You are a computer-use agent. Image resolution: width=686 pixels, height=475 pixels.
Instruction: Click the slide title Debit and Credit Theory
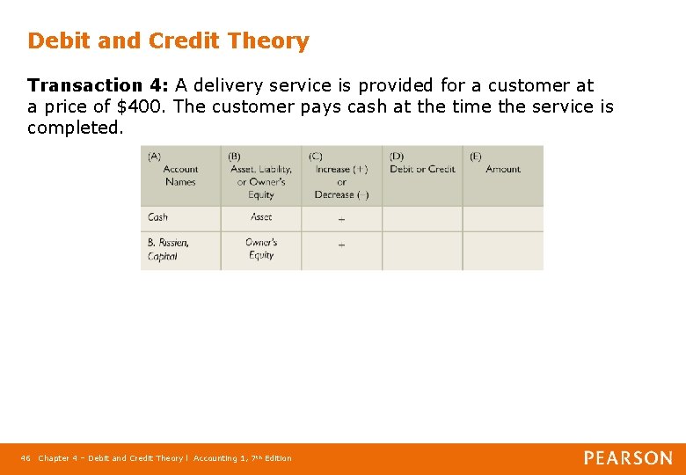point(168,41)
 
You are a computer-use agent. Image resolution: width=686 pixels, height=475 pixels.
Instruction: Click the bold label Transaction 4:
point(99,85)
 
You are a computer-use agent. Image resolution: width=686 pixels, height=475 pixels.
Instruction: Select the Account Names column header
point(180,175)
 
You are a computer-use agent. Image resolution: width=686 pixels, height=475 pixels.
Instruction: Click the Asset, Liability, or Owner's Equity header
point(260,176)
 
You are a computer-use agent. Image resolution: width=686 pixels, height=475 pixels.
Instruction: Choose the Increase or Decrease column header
point(341,176)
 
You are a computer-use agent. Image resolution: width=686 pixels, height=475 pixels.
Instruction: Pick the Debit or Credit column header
point(422,169)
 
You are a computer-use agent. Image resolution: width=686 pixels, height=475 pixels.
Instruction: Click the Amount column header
point(503,169)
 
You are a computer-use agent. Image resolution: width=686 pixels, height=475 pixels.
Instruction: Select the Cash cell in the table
point(158,217)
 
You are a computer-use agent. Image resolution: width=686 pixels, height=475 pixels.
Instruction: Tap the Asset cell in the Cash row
point(261,217)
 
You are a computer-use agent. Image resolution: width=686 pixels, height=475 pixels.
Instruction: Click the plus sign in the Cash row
point(341,219)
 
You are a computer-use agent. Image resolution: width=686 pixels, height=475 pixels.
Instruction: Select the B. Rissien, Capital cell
point(168,249)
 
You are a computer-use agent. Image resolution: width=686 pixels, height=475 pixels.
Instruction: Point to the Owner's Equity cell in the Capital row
point(261,249)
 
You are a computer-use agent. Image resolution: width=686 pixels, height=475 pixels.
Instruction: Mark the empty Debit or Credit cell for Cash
point(422,218)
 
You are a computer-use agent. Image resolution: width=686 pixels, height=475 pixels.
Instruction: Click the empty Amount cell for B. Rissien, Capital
point(503,250)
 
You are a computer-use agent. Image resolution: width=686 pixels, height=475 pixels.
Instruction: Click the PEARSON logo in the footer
point(628,457)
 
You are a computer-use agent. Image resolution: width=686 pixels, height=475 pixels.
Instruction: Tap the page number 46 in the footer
point(26,458)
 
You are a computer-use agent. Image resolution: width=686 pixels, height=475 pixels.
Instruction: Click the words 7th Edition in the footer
point(267,458)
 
